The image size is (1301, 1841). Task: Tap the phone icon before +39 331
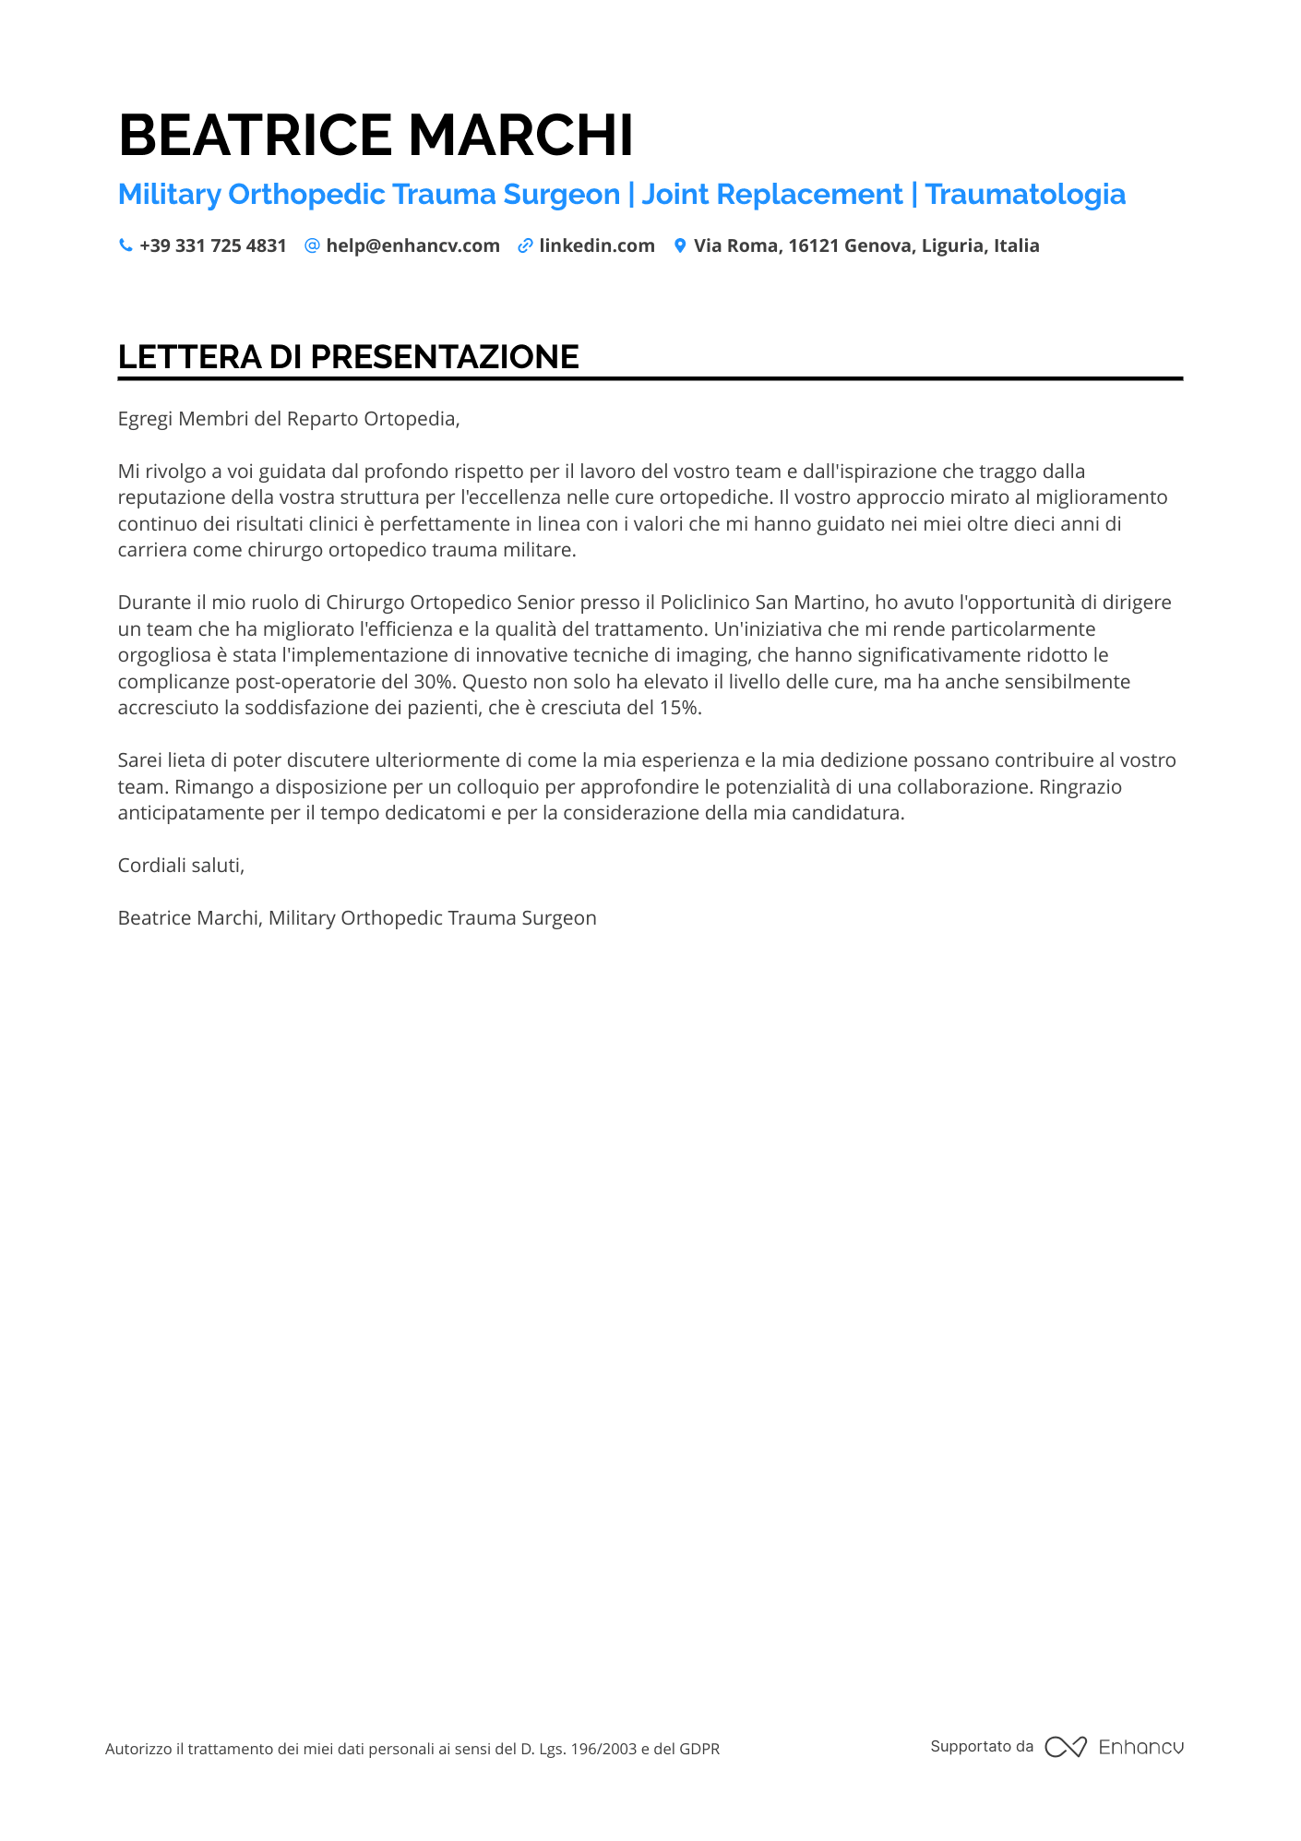(125, 245)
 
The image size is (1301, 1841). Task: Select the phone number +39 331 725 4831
(213, 245)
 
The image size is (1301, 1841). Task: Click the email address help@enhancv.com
(412, 245)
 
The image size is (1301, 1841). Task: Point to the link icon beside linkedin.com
(525, 245)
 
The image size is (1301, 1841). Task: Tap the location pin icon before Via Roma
(680, 245)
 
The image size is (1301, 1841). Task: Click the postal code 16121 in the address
(813, 245)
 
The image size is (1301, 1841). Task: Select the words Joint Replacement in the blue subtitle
(771, 195)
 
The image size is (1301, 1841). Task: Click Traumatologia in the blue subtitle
(1025, 195)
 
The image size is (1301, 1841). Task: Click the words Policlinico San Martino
(763, 603)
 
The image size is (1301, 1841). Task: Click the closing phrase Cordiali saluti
(181, 866)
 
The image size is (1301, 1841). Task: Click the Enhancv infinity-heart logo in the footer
(1066, 1747)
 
